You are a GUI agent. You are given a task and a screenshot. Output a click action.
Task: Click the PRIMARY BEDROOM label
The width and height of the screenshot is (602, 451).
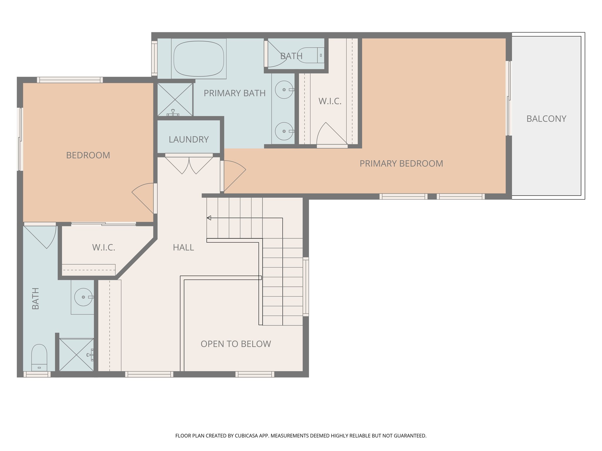[401, 164]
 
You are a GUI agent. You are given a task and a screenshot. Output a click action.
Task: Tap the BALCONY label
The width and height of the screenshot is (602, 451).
[546, 119]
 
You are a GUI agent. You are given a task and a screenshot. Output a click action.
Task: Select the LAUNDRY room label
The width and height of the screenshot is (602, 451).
[188, 139]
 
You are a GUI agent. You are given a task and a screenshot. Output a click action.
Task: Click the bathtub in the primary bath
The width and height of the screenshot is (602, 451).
[199, 59]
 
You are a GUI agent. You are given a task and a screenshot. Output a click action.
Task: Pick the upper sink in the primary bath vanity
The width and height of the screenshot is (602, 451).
[284, 90]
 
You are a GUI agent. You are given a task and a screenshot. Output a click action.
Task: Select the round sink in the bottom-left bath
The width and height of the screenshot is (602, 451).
[83, 297]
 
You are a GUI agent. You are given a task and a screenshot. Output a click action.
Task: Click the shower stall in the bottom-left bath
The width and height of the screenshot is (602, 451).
[76, 355]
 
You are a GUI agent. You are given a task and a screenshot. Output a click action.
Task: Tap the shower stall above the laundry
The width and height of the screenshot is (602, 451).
[175, 100]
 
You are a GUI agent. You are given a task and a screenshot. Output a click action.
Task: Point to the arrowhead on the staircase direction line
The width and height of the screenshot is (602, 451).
[209, 218]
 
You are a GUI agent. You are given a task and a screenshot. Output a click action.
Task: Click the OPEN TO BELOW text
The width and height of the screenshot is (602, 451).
[236, 344]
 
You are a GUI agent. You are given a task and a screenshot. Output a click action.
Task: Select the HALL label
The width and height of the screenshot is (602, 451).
[183, 248]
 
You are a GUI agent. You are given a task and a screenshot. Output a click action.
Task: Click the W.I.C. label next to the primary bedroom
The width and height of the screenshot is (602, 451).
[330, 101]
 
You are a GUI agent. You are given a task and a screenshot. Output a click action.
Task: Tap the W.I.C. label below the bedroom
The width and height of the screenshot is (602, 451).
[103, 248]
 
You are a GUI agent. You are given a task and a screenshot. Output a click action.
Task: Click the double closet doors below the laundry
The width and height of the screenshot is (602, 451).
[189, 165]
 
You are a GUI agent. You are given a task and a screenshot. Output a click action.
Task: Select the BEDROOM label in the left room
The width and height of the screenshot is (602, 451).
[88, 155]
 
